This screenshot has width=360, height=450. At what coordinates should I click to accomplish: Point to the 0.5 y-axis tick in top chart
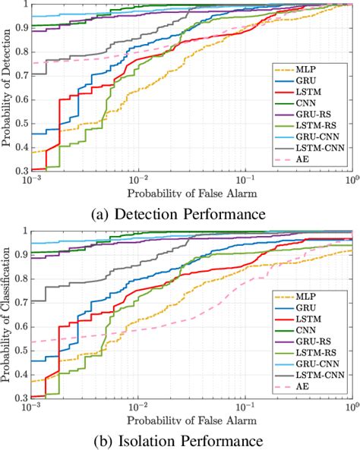coord(21,124)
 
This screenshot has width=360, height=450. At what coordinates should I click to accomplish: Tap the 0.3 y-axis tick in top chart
coord(21,172)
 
